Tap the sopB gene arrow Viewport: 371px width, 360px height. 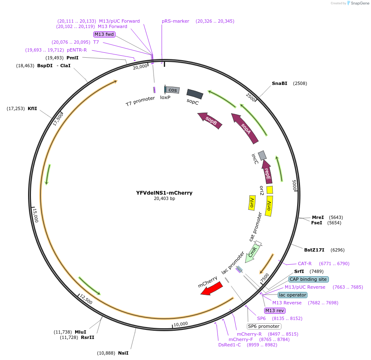210,120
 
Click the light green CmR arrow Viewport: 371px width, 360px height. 253,252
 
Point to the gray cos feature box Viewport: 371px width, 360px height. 173,90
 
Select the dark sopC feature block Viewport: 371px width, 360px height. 195,94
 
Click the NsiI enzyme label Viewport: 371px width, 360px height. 123,353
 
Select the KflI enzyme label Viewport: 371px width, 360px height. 32,108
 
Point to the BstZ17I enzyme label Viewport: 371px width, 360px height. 314,250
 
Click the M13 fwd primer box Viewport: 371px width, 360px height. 104,34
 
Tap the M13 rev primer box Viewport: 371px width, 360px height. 274,311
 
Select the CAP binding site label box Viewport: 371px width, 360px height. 309,279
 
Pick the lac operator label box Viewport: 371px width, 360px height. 292,295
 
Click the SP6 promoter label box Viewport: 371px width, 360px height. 264,326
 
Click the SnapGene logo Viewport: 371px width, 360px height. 357,3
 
